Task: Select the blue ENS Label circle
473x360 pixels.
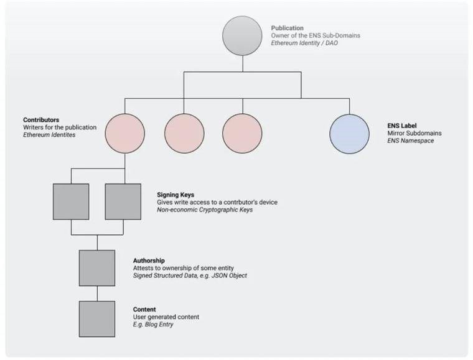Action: (x=349, y=134)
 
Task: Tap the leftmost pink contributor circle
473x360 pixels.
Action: (x=124, y=134)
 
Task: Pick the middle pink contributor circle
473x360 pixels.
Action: (x=184, y=134)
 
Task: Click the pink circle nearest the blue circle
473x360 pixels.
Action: (x=242, y=134)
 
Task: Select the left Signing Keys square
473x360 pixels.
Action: (x=71, y=202)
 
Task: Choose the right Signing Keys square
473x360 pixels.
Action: (x=123, y=202)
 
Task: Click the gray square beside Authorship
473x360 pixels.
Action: (x=96, y=268)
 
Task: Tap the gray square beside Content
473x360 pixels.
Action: (x=96, y=319)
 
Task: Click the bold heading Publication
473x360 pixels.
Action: (x=288, y=28)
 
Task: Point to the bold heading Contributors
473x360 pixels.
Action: (x=41, y=119)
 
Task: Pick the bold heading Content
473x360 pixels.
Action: (x=144, y=310)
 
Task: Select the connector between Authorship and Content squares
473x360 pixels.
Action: (x=96, y=293)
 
